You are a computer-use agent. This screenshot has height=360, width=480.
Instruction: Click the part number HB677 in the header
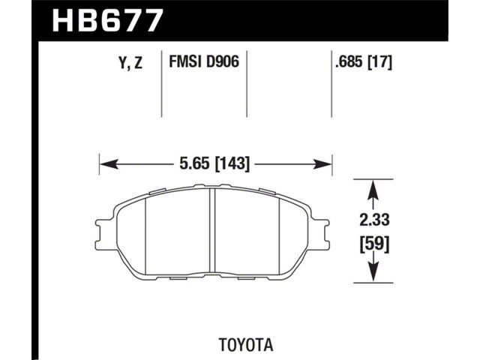pos(106,20)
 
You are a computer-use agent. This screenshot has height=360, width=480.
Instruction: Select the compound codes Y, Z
pos(130,63)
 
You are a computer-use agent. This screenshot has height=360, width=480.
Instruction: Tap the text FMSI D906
pos(204,62)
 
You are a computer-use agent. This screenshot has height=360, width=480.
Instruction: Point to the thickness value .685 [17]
pos(364,62)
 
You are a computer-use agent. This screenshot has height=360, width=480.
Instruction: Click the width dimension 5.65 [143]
pos(214,163)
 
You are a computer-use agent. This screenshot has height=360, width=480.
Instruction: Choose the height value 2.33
pos(374,220)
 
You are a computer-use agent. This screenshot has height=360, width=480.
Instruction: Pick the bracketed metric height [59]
pos(374,244)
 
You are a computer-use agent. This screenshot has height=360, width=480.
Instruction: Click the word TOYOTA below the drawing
pos(246,345)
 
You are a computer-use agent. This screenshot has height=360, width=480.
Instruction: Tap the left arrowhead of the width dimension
pos(109,164)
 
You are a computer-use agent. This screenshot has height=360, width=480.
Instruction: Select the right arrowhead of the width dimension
pos(322,164)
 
